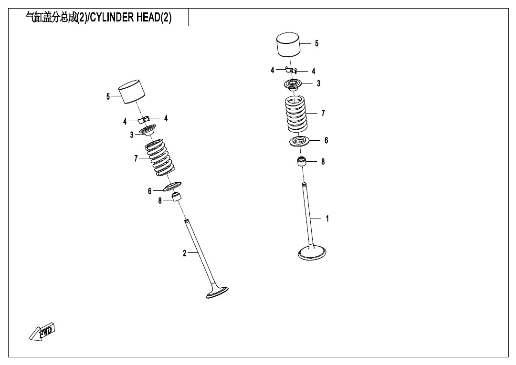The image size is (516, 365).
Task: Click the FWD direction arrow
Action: point(42,332)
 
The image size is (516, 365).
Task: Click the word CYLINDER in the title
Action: point(112,17)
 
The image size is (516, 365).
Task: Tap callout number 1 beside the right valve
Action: point(327,219)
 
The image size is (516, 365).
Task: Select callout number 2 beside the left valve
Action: point(185,253)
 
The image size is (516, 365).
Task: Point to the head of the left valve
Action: point(217,292)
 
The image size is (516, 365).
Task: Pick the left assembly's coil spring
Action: point(160,157)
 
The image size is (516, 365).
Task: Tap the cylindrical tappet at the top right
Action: point(288,44)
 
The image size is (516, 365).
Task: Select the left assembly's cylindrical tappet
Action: point(132,92)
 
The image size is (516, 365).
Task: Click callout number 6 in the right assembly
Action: point(326,140)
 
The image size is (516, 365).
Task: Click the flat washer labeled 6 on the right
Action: point(300,141)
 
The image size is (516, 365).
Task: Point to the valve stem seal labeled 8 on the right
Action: point(302,162)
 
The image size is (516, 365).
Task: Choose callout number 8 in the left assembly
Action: point(160,200)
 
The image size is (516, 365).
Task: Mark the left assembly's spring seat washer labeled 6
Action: point(172,187)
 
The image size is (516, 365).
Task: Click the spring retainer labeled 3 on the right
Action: point(293,84)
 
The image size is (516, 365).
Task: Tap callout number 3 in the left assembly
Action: point(132,135)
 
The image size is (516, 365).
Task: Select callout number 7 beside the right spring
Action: point(323,113)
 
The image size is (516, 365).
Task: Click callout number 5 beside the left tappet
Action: point(108,97)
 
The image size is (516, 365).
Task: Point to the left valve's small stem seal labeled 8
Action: point(178,197)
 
